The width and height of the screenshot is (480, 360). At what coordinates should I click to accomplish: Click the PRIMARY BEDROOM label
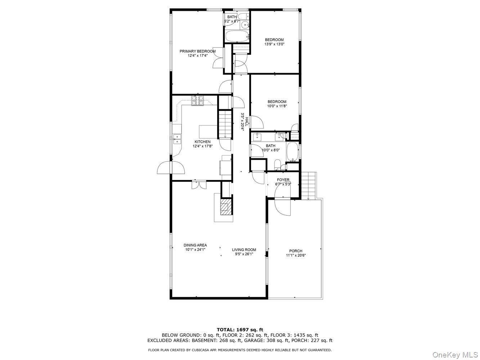(198, 51)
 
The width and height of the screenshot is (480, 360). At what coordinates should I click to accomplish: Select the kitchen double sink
(177, 139)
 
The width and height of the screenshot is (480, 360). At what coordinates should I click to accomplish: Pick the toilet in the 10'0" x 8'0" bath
(277, 165)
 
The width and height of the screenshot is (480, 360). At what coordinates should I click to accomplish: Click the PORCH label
(296, 251)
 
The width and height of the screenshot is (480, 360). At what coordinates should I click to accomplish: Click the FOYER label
(283, 180)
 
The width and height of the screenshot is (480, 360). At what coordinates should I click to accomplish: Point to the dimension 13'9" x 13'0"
(274, 44)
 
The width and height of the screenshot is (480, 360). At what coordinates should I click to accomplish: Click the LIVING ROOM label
(244, 249)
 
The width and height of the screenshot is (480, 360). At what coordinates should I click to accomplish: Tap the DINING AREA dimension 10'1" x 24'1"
(195, 249)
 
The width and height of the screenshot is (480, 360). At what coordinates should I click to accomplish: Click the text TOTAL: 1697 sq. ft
(240, 329)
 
